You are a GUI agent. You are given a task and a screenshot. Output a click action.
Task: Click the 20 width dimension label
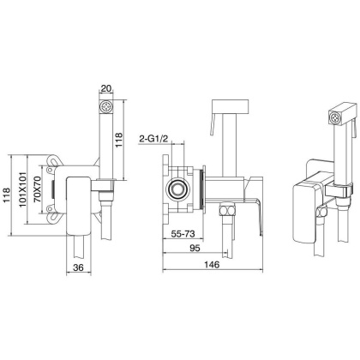(106, 88)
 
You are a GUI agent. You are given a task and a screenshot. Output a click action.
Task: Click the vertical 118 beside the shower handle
(118, 140)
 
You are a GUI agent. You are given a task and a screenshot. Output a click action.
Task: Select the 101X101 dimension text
(23, 189)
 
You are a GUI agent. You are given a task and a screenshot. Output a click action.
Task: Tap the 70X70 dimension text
(38, 189)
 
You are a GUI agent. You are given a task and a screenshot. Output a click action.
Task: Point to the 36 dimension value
(78, 267)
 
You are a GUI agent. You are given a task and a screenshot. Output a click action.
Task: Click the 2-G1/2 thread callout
(153, 139)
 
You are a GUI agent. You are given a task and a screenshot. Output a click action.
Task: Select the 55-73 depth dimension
(183, 234)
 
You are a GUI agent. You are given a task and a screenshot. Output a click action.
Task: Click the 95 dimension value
(195, 248)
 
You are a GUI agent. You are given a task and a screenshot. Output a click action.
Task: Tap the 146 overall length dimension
(212, 265)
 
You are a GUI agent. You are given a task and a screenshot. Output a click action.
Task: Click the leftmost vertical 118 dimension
(7, 195)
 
